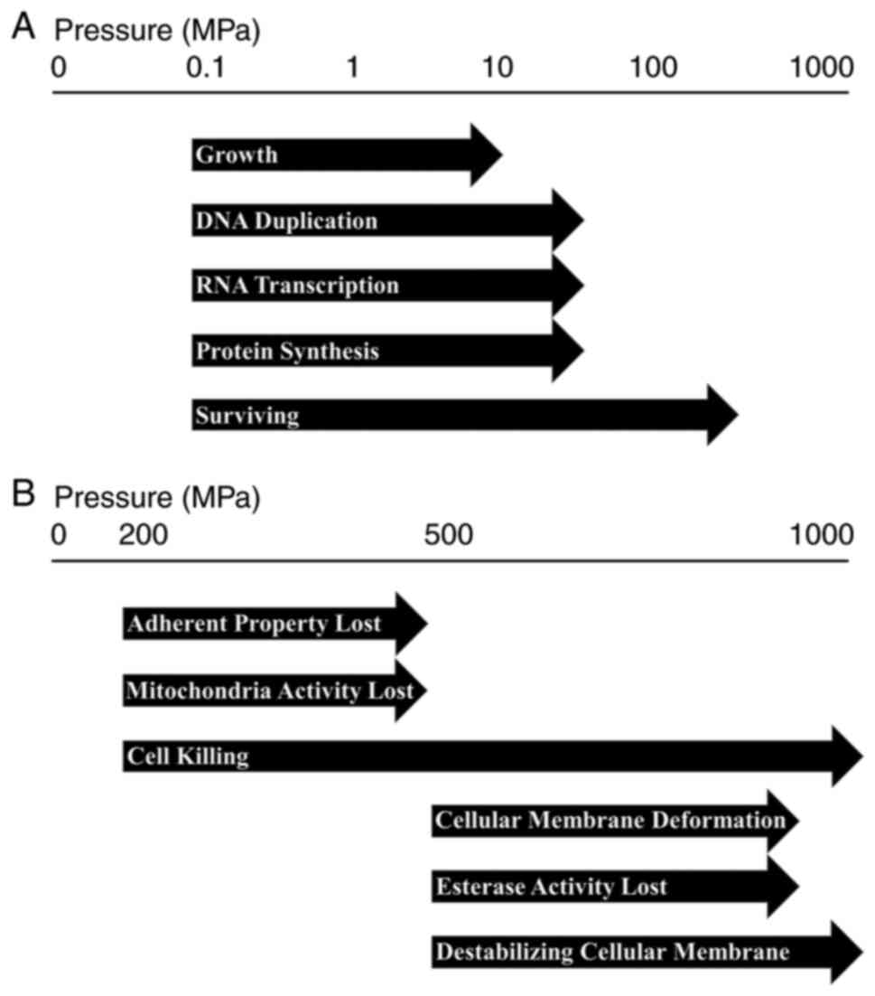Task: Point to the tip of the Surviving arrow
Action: [x=735, y=415]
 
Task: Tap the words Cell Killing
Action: [x=189, y=756]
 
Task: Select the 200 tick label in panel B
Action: [x=144, y=534]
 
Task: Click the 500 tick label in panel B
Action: [x=449, y=534]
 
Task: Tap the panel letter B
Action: [x=24, y=494]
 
